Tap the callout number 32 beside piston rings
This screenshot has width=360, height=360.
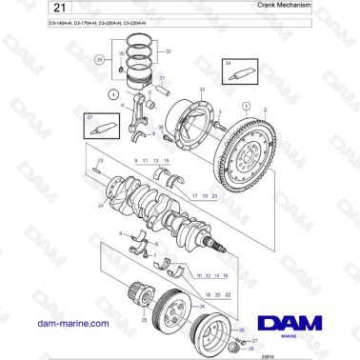168,52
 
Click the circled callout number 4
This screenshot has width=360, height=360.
113,93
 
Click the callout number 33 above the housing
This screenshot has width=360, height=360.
200,89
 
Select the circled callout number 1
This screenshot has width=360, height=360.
246,106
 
